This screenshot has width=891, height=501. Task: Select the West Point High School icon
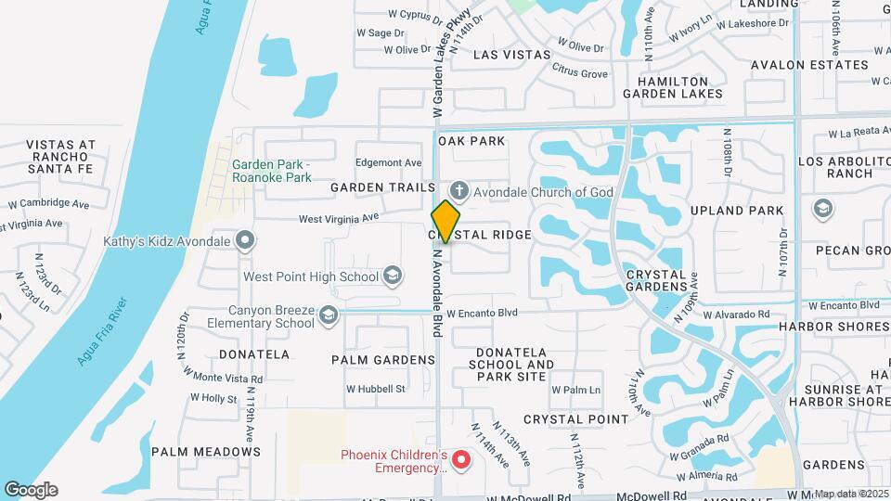point(393,276)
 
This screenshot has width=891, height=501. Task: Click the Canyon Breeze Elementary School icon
point(327,317)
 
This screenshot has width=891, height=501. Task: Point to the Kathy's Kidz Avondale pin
point(245,241)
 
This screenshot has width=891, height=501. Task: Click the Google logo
point(31,490)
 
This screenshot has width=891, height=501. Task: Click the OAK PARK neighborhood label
point(471,141)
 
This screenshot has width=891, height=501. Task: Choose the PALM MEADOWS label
point(206,452)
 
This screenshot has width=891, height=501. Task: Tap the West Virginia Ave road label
point(339,219)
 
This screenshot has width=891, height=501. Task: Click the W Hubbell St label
point(375,389)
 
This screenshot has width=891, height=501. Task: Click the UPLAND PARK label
point(751,211)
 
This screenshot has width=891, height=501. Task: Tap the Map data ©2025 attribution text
point(851,494)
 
